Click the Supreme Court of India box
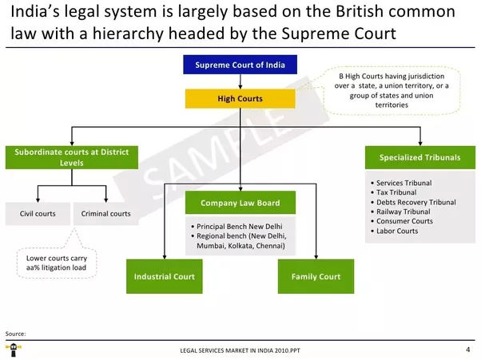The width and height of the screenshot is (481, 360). pos(240,65)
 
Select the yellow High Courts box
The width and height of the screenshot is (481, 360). pos(240,99)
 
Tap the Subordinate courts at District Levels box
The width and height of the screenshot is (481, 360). pos(71,156)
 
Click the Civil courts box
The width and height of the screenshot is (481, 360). pos(38,214)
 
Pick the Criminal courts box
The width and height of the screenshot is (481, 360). pos(105,214)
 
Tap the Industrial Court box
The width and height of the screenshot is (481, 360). pos(164,277)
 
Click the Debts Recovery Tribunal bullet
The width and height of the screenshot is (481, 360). pos(415,203)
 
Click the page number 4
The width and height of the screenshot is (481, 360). pos(467,350)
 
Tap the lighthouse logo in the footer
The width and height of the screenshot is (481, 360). pos(14,350)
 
